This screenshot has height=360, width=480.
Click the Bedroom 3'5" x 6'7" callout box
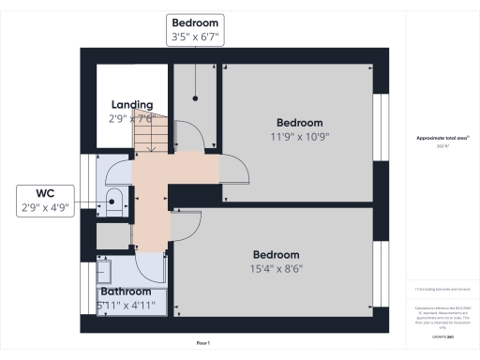(195, 29)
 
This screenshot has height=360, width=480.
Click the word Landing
(132, 104)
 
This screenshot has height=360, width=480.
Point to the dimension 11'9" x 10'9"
(300, 136)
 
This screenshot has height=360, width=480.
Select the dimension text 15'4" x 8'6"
(277, 268)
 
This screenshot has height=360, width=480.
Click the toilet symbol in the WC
(113, 198)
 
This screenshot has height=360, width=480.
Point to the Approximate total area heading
(442, 138)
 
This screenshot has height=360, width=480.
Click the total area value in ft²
(442, 146)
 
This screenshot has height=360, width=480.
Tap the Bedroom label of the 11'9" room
(300, 123)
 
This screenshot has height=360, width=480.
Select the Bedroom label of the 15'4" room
(277, 255)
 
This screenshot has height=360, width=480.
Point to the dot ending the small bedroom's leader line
(195, 97)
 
